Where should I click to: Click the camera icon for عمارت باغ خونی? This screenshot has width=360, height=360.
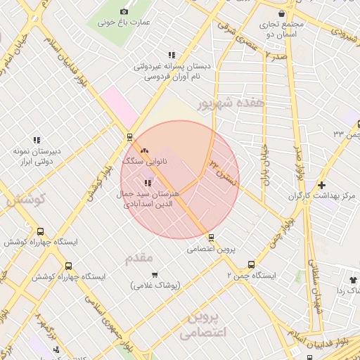tap(124, 11)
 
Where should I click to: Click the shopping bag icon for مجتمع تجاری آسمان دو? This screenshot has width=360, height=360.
tap(281, 13)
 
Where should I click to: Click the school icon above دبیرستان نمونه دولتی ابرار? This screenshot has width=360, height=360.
tap(37, 140)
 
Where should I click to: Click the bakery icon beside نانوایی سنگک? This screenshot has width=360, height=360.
tap(144, 150)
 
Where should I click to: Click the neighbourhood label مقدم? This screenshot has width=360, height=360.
tap(139, 258)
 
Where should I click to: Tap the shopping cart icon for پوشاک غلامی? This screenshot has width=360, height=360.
tap(155, 274)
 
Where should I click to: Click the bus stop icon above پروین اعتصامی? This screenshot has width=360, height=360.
tap(210, 237)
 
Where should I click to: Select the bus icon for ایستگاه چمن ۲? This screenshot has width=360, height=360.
tap(251, 264)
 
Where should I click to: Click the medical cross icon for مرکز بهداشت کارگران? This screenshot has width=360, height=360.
tap(321, 185)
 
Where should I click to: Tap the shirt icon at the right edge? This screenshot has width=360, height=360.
tap(353, 279)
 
